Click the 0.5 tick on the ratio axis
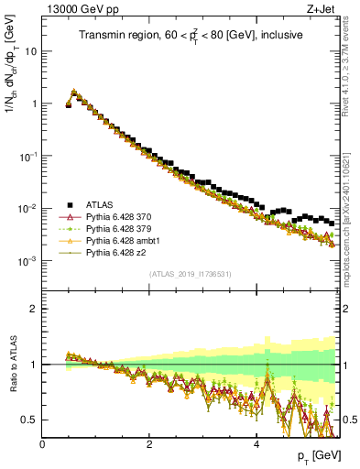[x=30, y=420]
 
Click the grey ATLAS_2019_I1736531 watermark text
[x=190, y=274]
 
